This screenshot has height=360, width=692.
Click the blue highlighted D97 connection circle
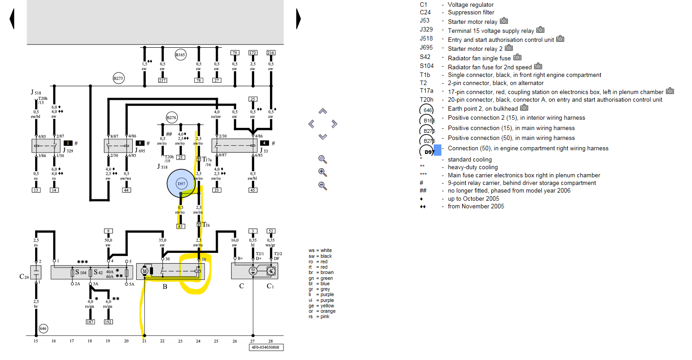(x=181, y=184)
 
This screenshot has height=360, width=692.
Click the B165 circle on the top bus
(x=180, y=55)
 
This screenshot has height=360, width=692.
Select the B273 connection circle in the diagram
(x=118, y=78)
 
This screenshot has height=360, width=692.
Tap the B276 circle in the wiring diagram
(x=171, y=117)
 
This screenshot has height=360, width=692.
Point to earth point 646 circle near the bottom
(x=43, y=328)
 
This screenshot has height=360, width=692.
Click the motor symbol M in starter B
(x=145, y=271)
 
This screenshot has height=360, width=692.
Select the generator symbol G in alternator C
(x=253, y=270)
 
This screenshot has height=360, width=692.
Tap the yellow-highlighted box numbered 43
(x=180, y=226)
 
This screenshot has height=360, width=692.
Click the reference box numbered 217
(x=162, y=81)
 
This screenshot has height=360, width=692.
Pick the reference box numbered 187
(x=90, y=322)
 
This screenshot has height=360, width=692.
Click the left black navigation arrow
(x=12, y=19)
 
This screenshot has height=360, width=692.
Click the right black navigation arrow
(x=298, y=19)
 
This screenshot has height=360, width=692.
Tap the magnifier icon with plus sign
(x=323, y=172)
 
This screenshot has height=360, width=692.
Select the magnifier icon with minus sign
(x=323, y=185)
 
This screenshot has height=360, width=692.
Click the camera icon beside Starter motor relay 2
(x=509, y=48)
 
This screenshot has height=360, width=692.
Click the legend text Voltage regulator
(x=471, y=4)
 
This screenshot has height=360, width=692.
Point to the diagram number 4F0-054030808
(x=266, y=347)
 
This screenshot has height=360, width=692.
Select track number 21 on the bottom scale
(x=144, y=341)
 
